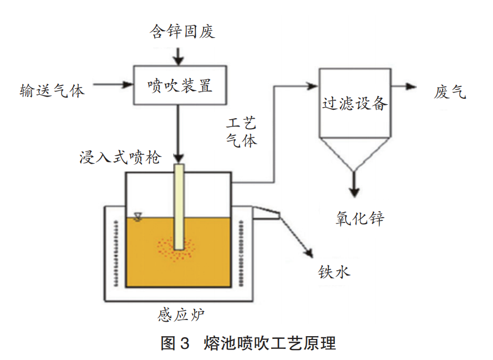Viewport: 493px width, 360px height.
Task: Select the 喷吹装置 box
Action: click(x=180, y=85)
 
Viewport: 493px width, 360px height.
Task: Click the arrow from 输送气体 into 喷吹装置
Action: click(x=114, y=85)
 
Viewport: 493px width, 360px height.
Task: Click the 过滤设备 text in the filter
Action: click(x=355, y=103)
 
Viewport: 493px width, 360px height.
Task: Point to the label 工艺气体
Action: click(x=242, y=133)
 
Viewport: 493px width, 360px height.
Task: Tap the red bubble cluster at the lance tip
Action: click(x=177, y=250)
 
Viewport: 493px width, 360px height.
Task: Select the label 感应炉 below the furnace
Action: click(x=181, y=316)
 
